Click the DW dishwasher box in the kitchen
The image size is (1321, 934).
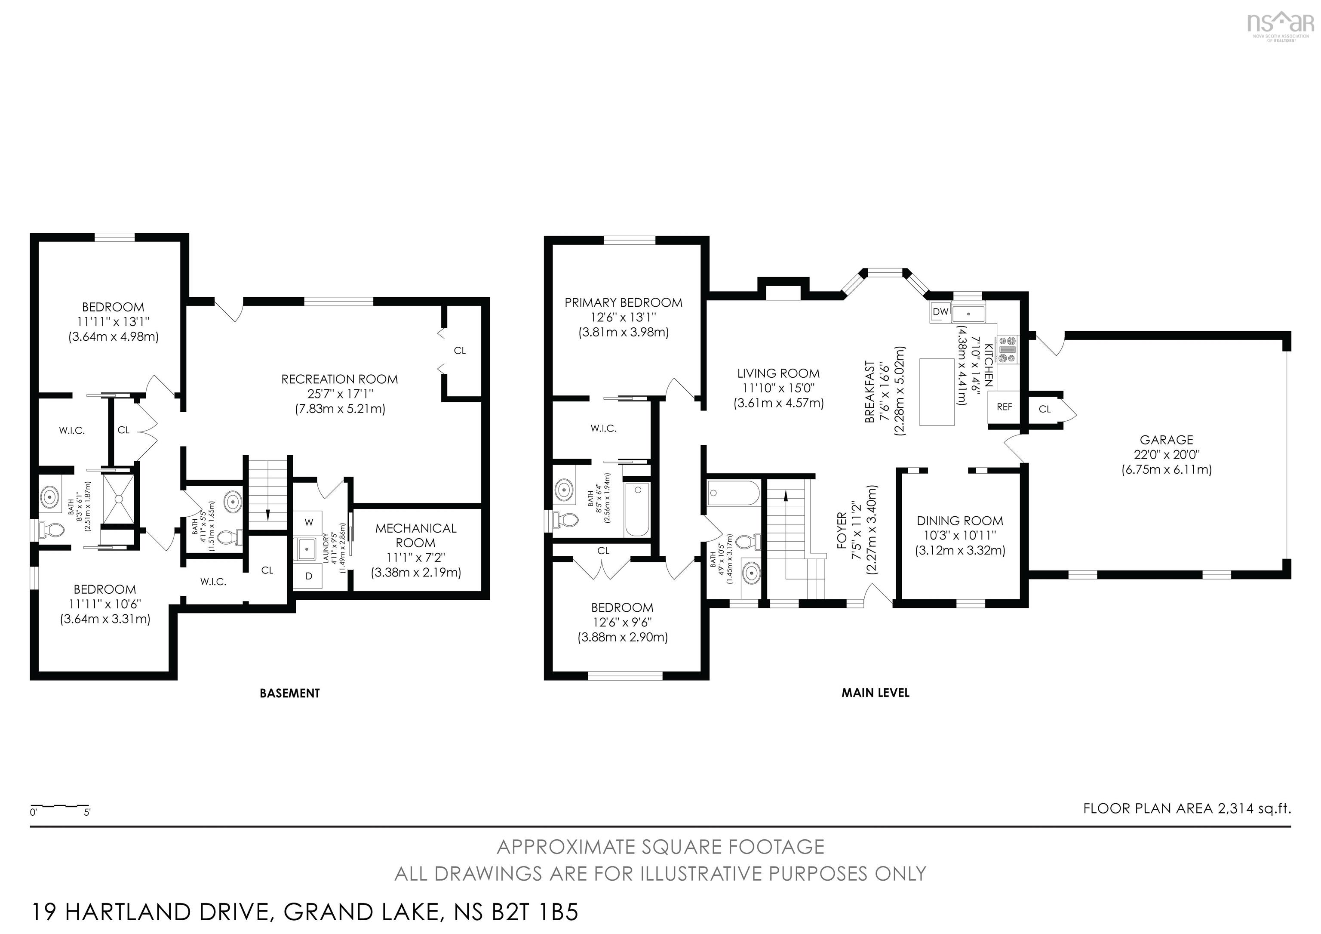[940, 312]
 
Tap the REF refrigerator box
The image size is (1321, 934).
[1004, 407]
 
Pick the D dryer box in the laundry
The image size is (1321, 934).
[309, 576]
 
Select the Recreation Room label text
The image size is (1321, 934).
[339, 379]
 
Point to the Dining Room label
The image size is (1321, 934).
[960, 521]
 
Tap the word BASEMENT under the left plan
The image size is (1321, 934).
[289, 693]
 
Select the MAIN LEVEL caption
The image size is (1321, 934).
[875, 693]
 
